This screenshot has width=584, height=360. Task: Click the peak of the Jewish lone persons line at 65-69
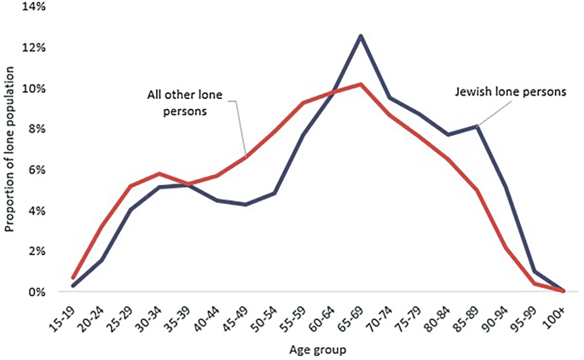point(361,36)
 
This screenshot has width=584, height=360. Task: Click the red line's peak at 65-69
point(361,84)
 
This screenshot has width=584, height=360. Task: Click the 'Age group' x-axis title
point(315,349)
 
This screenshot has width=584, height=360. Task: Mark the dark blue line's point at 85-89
point(478,126)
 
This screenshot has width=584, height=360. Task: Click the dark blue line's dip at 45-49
point(246,205)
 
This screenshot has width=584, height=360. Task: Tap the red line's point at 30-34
point(159,173)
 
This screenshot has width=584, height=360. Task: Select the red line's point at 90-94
point(507,247)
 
